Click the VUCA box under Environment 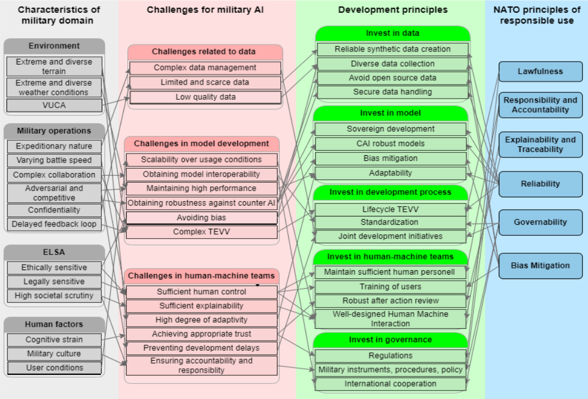[x=54, y=105]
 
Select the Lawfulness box [x=540, y=72]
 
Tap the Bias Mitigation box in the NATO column [x=540, y=266]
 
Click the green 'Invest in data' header [x=392, y=34]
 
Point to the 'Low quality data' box [x=205, y=97]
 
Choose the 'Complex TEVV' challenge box [x=201, y=231]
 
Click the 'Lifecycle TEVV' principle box [x=390, y=209]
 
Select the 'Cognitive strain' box [x=54, y=340]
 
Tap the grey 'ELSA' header [x=54, y=252]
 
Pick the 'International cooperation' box [x=390, y=384]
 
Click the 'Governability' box [x=540, y=222]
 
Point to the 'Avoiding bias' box [x=201, y=217]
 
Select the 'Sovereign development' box [x=390, y=129]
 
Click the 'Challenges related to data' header [x=204, y=52]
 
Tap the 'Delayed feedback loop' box [x=54, y=224]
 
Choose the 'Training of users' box [x=390, y=286]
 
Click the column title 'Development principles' [x=393, y=10]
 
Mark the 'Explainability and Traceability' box [x=540, y=145]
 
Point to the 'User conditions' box [x=54, y=368]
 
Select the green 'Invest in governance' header [x=390, y=340]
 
